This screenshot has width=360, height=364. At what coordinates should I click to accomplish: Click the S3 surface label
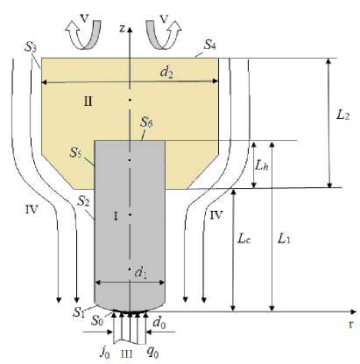click(x=31, y=47)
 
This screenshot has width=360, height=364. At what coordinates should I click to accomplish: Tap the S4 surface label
click(x=209, y=45)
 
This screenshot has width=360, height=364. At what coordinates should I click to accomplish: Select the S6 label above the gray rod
click(x=146, y=122)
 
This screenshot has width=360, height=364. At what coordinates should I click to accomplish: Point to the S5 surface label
click(x=75, y=152)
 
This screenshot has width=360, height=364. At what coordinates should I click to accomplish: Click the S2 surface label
click(x=83, y=201)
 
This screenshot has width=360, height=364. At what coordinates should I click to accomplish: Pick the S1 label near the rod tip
click(x=79, y=312)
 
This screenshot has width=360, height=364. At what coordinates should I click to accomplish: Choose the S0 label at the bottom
click(x=97, y=320)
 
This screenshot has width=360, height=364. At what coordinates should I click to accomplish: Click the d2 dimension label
click(x=166, y=72)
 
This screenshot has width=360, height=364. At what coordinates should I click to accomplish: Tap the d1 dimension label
click(x=140, y=272)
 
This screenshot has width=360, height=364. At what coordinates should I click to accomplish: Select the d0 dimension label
click(x=159, y=323)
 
